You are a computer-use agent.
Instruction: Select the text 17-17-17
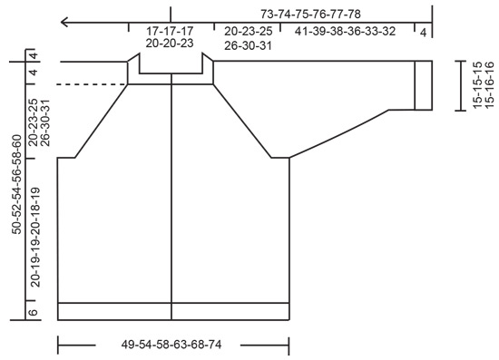[170, 31]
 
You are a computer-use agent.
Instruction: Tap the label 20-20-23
[170, 44]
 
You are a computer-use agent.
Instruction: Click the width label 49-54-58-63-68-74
[171, 345]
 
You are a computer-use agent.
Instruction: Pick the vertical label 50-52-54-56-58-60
[16, 184]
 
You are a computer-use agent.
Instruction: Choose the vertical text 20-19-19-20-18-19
[34, 238]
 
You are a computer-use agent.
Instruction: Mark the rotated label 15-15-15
[477, 85]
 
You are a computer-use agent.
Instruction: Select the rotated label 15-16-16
[490, 85]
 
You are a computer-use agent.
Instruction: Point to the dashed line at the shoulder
[91, 84]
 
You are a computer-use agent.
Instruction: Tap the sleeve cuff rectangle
[424, 85]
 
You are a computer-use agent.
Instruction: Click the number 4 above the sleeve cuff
[424, 31]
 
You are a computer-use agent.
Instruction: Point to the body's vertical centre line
[171, 199]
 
